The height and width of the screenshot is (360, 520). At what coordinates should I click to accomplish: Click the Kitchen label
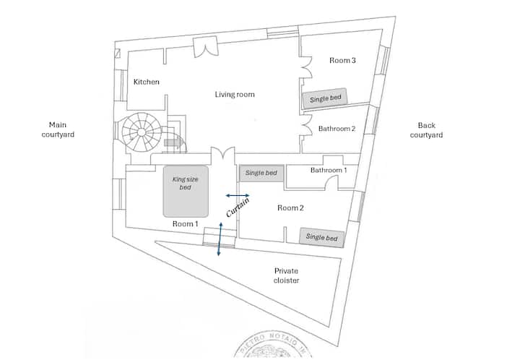pyautogui.click(x=146, y=82)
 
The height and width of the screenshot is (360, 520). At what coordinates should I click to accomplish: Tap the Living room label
pyautogui.click(x=235, y=95)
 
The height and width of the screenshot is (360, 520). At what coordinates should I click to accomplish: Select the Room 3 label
pyautogui.click(x=342, y=61)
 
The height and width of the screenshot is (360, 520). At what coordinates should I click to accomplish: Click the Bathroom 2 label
pyautogui.click(x=337, y=129)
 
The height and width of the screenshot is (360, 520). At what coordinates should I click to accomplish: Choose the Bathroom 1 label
pyautogui.click(x=329, y=171)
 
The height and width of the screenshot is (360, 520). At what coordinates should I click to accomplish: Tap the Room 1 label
pyautogui.click(x=186, y=224)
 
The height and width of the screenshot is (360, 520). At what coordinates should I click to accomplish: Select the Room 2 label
pyautogui.click(x=290, y=208)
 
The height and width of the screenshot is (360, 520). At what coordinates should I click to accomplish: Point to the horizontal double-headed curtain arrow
pyautogui.click(x=238, y=195)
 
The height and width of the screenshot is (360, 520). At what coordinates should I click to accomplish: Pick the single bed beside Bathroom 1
pyautogui.click(x=261, y=173)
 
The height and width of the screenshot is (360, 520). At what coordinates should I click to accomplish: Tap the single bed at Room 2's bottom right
pyautogui.click(x=321, y=237)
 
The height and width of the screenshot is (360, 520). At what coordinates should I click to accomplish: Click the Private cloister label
pyautogui.click(x=286, y=275)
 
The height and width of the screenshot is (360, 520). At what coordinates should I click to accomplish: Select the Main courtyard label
pyautogui.click(x=61, y=129)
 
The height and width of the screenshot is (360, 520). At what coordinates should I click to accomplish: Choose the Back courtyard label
pyautogui.click(x=426, y=130)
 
